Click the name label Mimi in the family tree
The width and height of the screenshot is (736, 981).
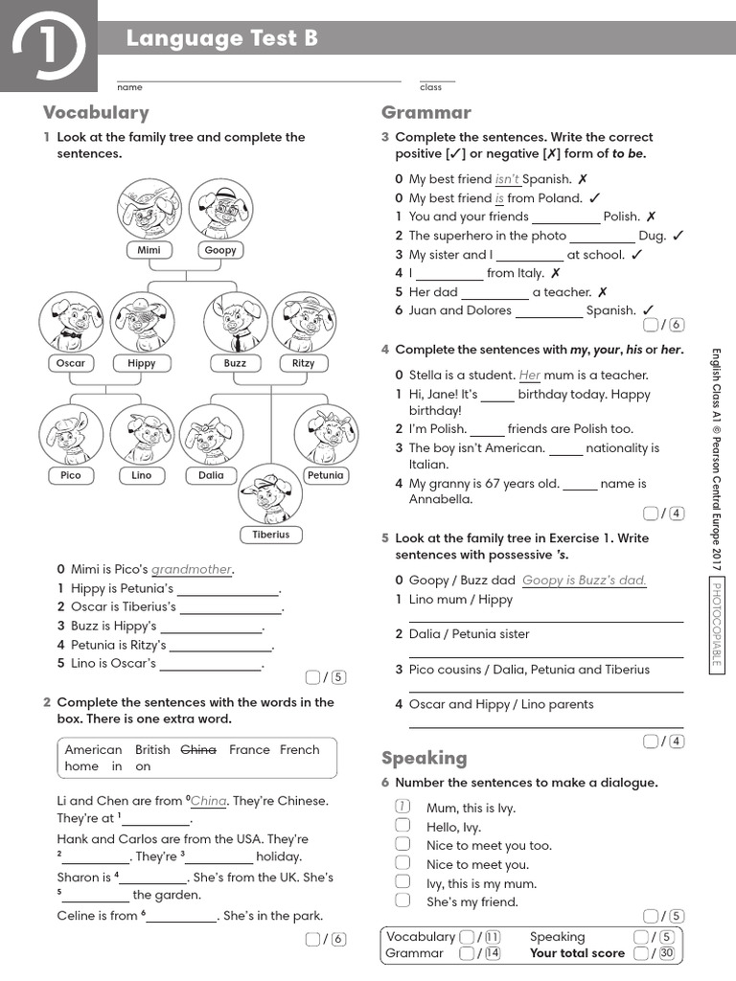coord(149,250)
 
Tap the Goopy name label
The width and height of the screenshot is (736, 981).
coord(220,250)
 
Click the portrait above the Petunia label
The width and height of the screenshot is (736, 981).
coord(325,436)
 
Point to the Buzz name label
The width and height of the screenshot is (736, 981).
coord(235,363)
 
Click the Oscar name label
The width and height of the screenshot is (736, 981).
coord(71,363)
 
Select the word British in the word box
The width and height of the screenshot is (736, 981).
coord(152,750)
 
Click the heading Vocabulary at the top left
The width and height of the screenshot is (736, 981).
coord(96,112)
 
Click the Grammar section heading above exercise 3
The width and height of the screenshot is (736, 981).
coord(426,112)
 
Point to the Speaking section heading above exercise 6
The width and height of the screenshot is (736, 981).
coord(425,758)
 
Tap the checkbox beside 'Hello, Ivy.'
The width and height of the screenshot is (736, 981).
coord(403,826)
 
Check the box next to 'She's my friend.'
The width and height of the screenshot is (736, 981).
coord(403,901)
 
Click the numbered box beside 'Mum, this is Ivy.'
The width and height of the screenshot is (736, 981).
coord(403,807)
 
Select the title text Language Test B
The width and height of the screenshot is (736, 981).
coord(221,38)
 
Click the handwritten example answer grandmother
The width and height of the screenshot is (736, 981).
coord(192,569)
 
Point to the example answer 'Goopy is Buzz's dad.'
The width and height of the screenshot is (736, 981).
coord(585,580)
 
